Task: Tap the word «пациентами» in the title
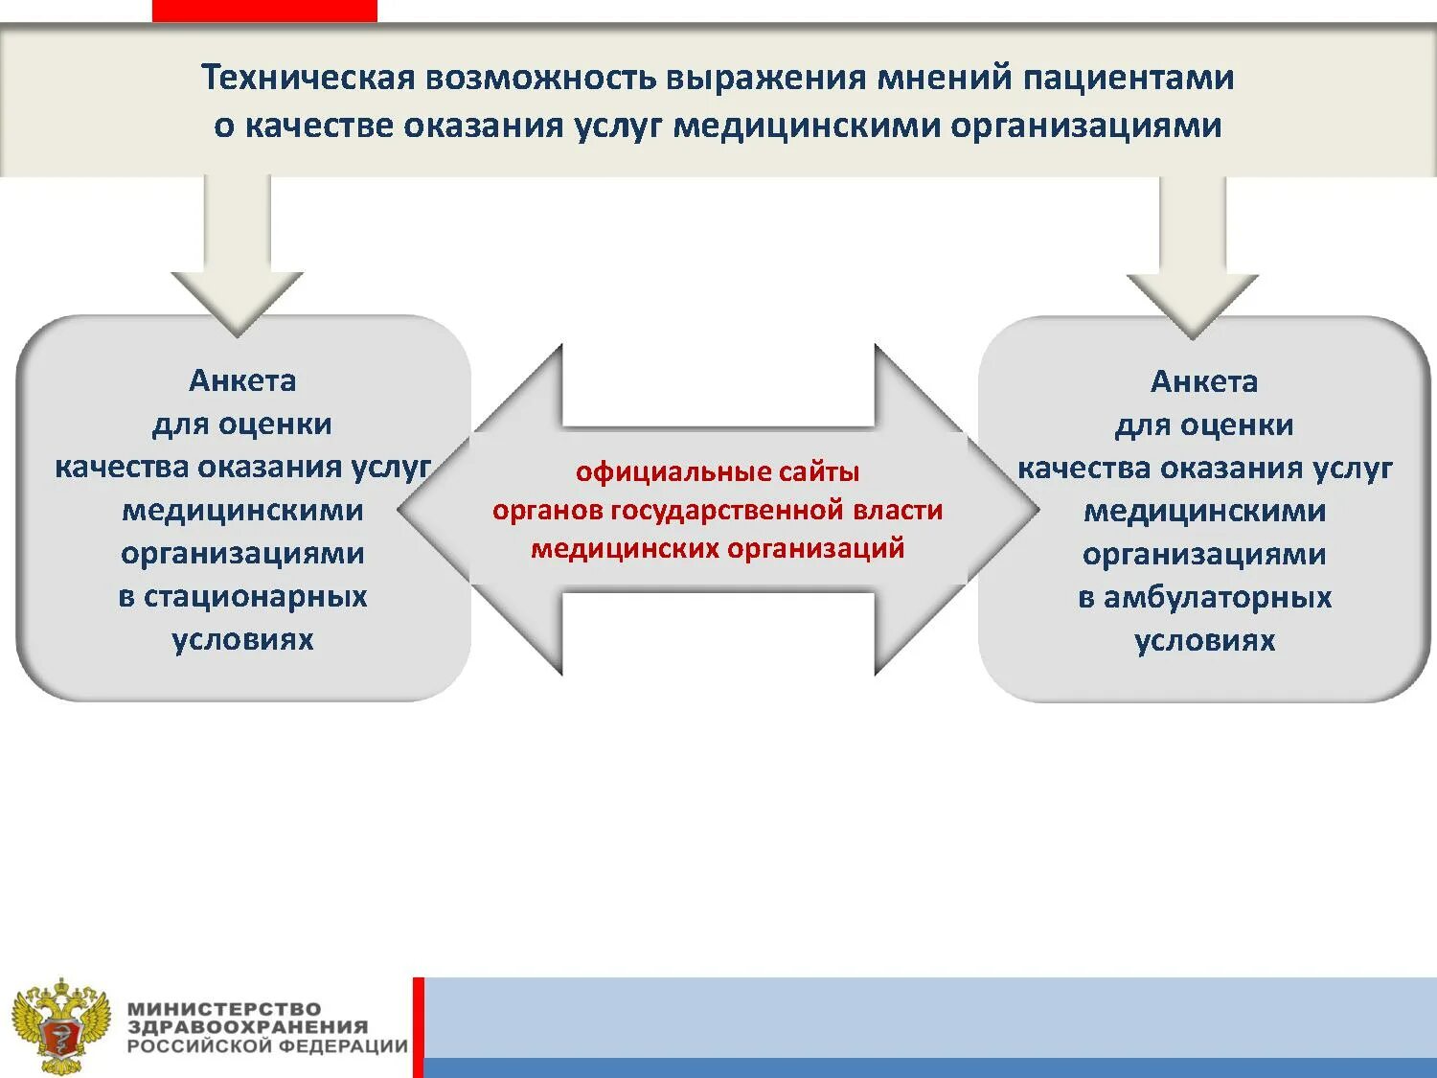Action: click(1129, 78)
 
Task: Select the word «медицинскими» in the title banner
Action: click(806, 126)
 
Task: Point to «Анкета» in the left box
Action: click(242, 380)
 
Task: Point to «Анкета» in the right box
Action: click(1204, 381)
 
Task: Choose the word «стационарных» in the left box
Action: click(256, 596)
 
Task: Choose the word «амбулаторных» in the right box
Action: click(1218, 597)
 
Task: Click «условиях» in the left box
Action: click(242, 639)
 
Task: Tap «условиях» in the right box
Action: click(1204, 640)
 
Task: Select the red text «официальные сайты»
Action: click(718, 471)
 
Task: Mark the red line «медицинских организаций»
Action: click(718, 548)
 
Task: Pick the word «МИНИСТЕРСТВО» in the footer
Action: click(224, 1008)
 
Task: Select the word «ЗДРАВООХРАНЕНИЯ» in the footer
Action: click(247, 1027)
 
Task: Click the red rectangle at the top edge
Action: click(264, 11)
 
